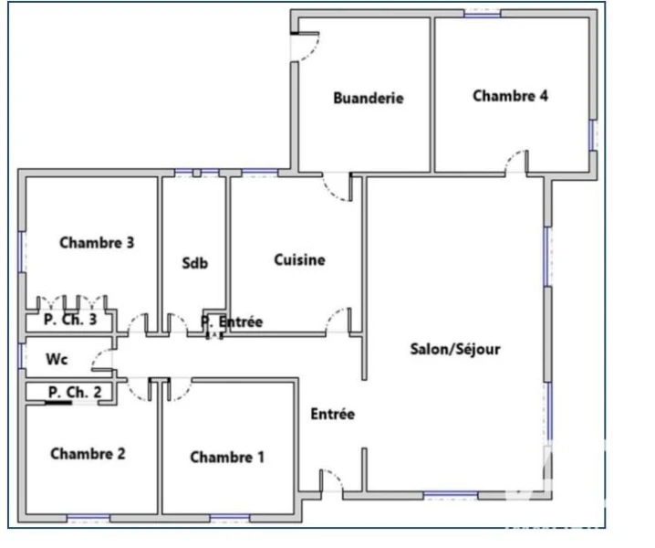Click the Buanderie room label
(369, 98)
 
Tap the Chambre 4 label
(510, 96)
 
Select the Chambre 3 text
(97, 243)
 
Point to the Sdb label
(195, 263)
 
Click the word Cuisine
(299, 259)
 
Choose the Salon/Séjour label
(455, 349)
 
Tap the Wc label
(57, 359)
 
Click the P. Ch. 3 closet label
(70, 320)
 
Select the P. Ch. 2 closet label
(75, 392)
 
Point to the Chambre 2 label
(88, 453)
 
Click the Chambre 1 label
(227, 457)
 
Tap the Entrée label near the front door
(332, 414)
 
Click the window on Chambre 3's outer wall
(21, 252)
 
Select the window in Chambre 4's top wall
(483, 15)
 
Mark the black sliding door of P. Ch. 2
(58, 403)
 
